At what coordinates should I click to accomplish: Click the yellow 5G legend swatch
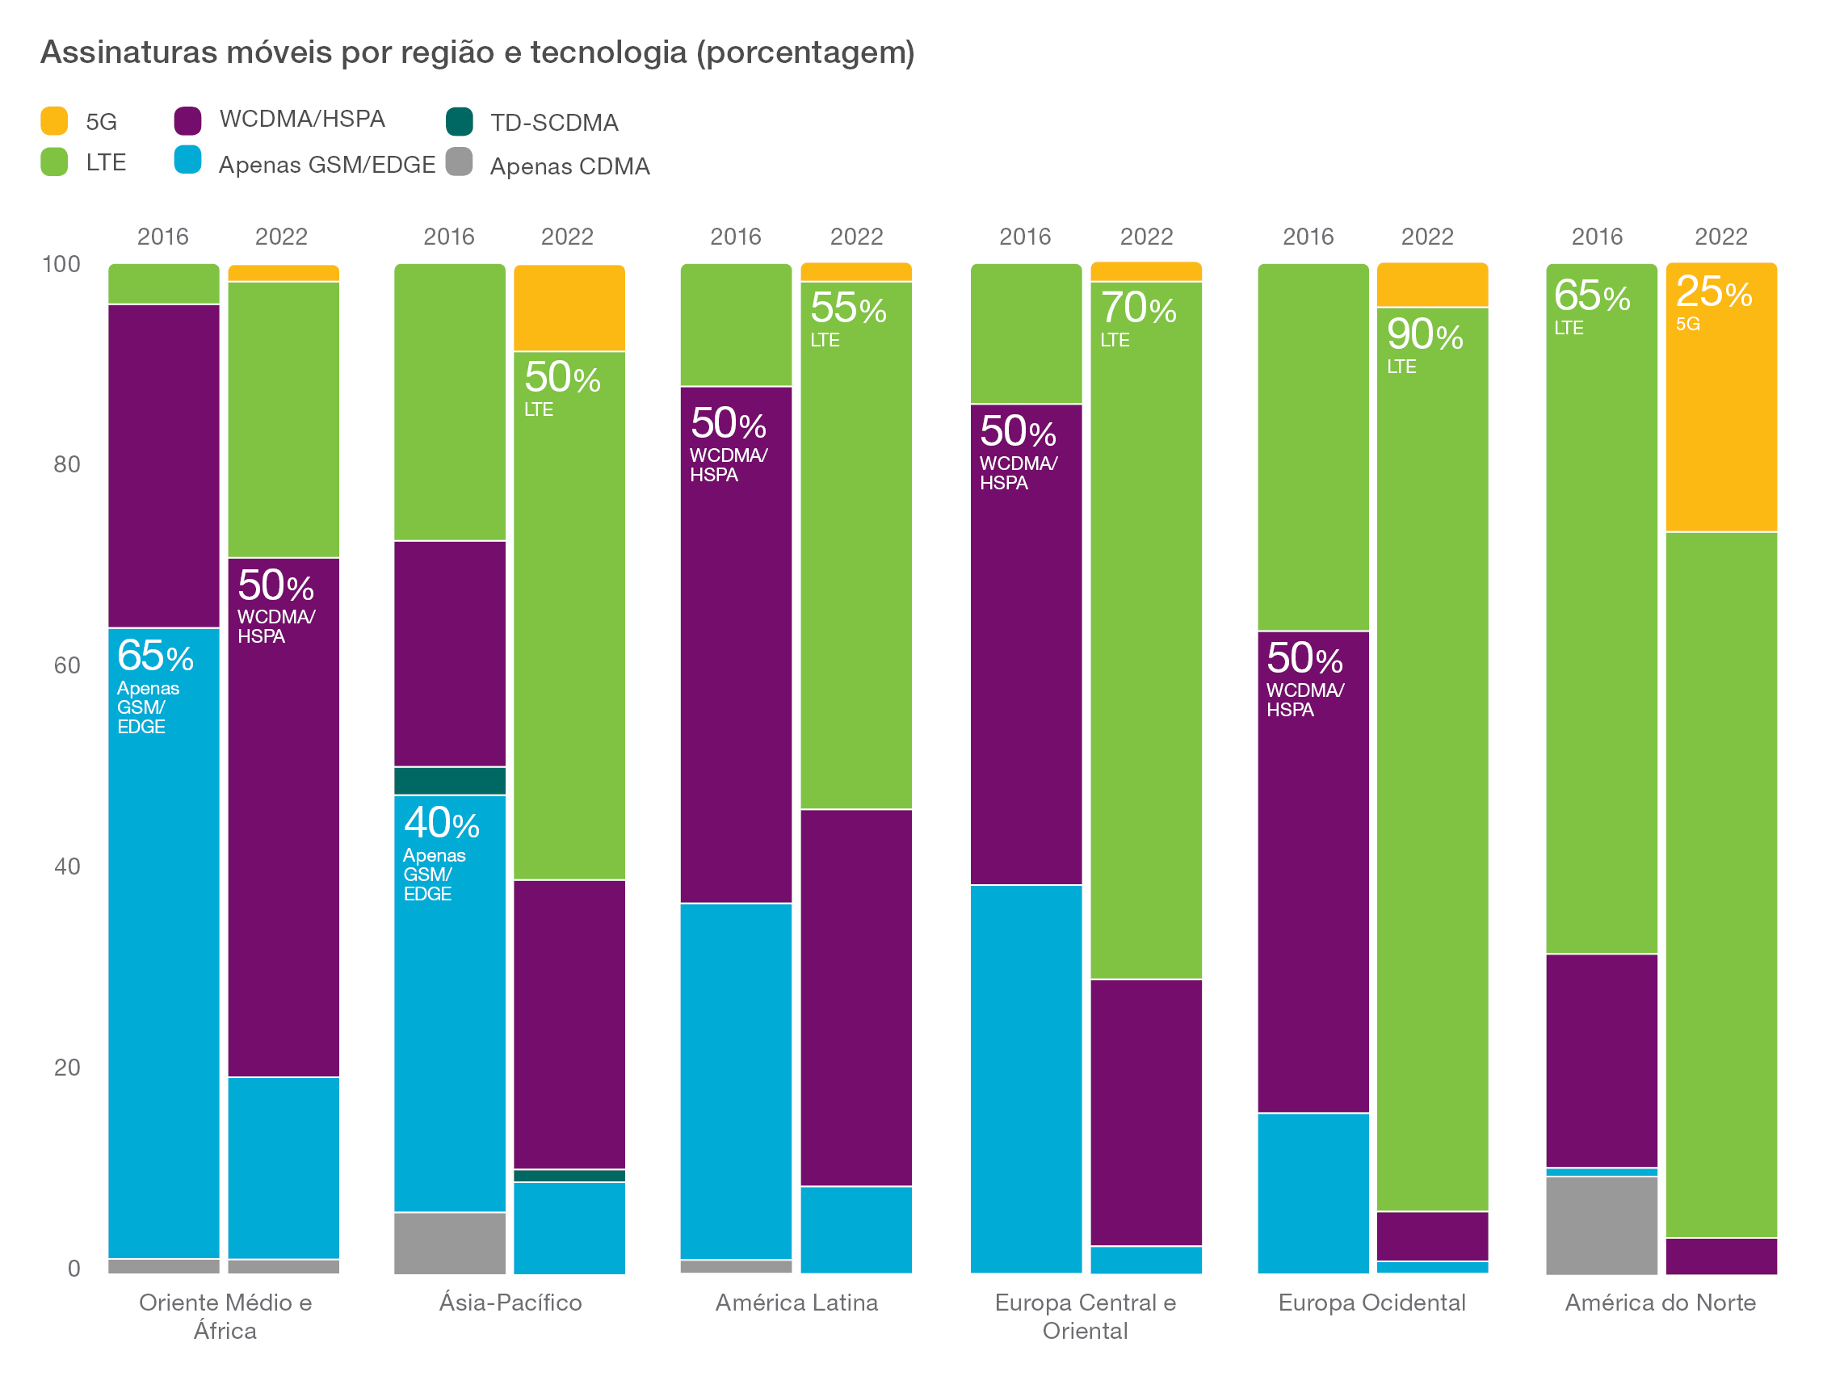[54, 121]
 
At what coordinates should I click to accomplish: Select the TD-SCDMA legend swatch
[459, 122]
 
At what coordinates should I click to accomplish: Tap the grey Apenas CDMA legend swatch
[459, 162]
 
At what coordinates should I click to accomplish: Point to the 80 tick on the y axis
[66, 465]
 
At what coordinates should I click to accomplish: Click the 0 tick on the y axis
[74, 1269]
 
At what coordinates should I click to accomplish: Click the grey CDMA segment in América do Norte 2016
[1601, 1224]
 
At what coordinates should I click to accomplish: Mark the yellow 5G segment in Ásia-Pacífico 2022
[569, 308]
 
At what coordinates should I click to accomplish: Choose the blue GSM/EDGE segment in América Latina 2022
[855, 1229]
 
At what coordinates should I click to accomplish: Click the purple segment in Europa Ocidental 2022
[1432, 1236]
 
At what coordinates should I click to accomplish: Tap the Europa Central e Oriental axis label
[1085, 1316]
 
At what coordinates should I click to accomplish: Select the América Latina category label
[796, 1303]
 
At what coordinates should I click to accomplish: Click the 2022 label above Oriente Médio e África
[281, 237]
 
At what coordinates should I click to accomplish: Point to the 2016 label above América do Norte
[1596, 237]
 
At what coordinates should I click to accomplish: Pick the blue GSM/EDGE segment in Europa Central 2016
[1025, 1079]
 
